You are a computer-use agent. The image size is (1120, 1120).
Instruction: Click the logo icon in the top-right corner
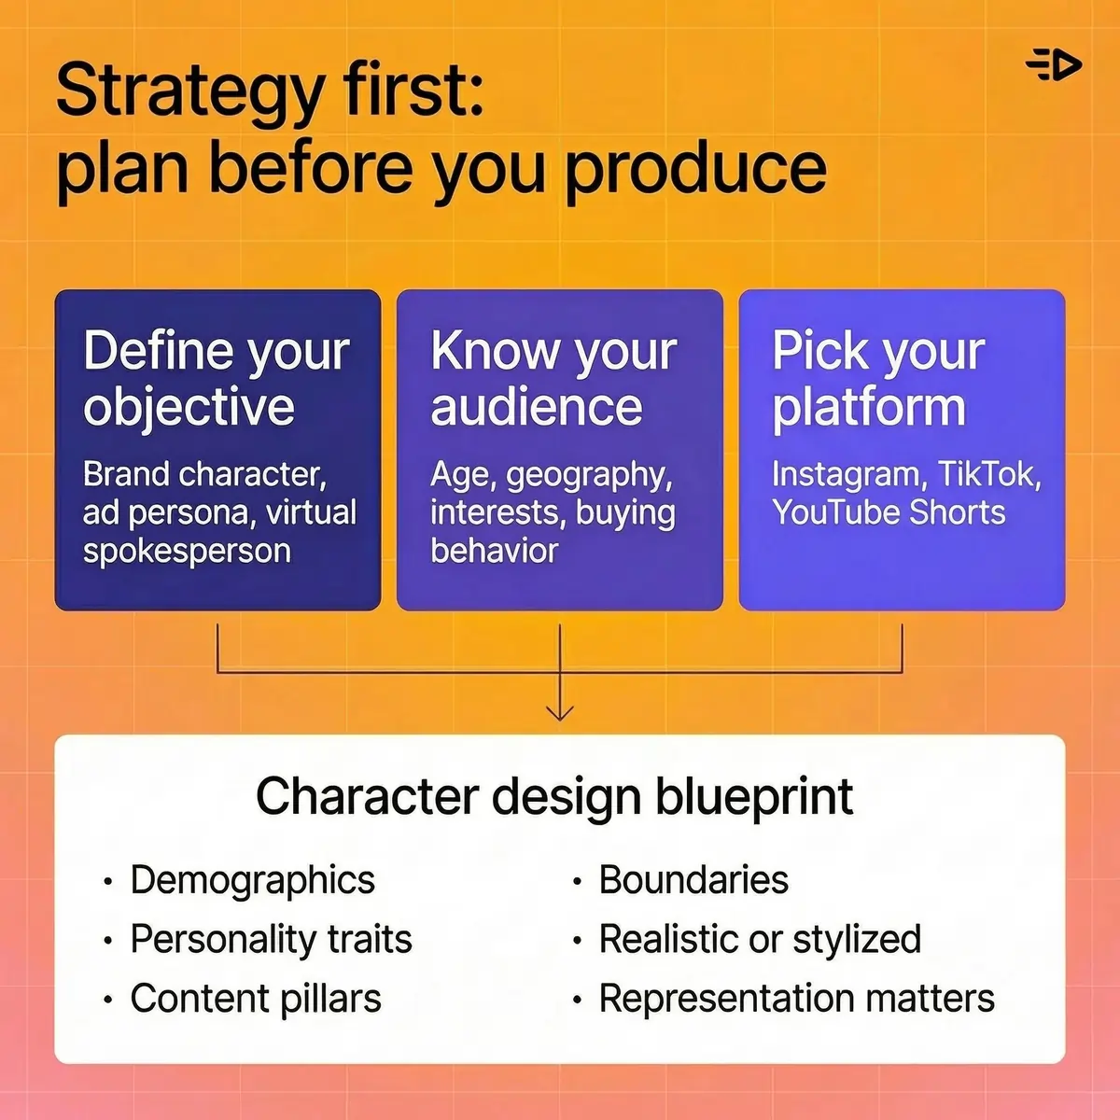[1053, 65]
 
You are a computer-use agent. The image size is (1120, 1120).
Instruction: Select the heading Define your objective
[217, 379]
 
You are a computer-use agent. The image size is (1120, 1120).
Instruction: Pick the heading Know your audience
[553, 379]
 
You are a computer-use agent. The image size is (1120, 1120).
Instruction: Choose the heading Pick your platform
[877, 379]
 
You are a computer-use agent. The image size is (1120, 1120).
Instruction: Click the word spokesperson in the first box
[187, 551]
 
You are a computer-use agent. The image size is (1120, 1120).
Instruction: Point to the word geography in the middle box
[589, 475]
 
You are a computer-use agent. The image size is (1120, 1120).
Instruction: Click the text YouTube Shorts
[889, 512]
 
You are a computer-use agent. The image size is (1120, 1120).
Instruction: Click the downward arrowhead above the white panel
[559, 711]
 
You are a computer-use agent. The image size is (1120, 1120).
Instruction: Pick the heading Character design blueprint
[554, 796]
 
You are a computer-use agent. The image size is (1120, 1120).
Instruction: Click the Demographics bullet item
[252, 880]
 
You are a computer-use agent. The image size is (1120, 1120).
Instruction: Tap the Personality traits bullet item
[271, 939]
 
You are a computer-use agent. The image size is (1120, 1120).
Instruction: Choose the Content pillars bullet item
[256, 999]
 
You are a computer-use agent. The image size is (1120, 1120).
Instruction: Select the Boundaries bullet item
[693, 880]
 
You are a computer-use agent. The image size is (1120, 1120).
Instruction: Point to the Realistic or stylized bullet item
[760, 939]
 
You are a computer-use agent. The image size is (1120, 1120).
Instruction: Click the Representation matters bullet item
[796, 999]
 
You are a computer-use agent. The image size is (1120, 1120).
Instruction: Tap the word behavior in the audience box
[494, 551]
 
